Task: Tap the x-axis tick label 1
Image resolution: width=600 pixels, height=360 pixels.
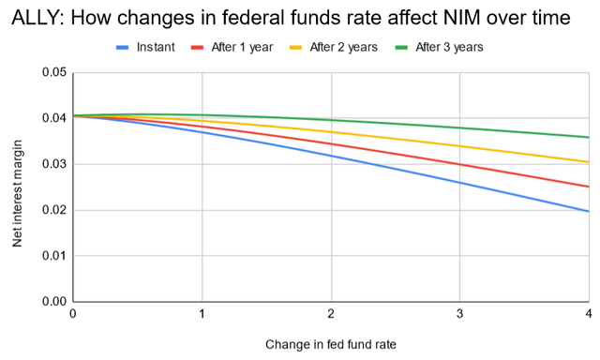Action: pos(202,313)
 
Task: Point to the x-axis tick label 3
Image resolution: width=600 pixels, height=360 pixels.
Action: pos(459,313)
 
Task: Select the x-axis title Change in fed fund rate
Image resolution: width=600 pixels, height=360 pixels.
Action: pos(330,344)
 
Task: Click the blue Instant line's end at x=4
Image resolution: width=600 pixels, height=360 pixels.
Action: pos(588,211)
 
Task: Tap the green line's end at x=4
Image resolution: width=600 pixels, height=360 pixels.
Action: pos(588,137)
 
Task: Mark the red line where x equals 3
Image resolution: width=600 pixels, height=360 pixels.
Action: pos(459,164)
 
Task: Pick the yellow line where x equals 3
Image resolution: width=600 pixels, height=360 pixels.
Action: pos(459,146)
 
